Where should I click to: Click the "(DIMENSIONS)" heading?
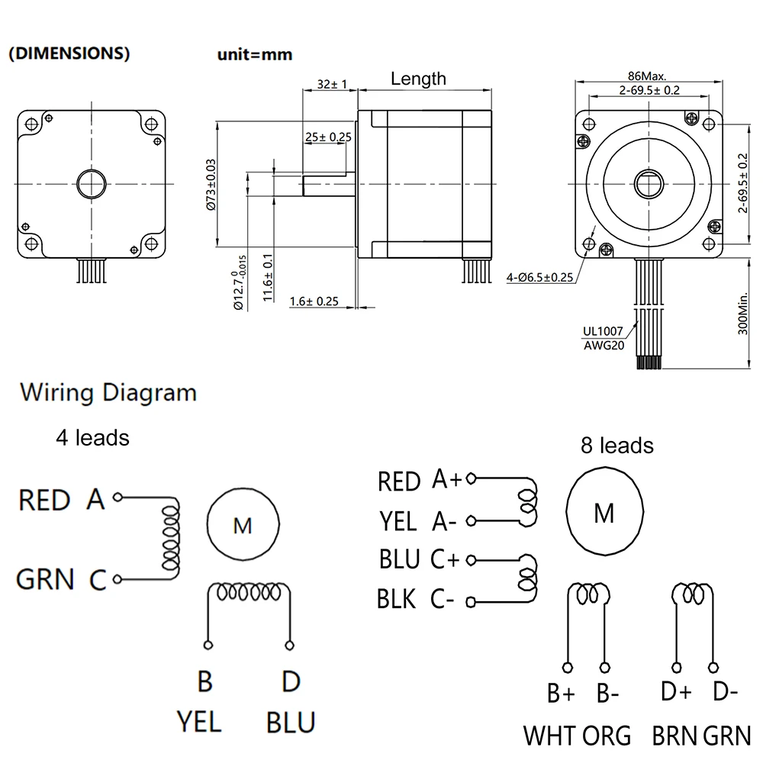pyautogui.click(x=69, y=54)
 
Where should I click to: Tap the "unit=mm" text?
pyautogui.click(x=255, y=55)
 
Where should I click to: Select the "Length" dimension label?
pyautogui.click(x=418, y=79)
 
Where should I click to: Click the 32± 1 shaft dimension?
pyautogui.click(x=329, y=85)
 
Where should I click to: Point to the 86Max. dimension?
pyautogui.click(x=647, y=76)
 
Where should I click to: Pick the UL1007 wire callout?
pyautogui.click(x=603, y=332)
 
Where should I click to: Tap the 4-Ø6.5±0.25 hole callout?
pyautogui.click(x=539, y=278)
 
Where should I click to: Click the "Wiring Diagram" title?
pyautogui.click(x=108, y=394)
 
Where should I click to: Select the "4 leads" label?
pyautogui.click(x=92, y=438)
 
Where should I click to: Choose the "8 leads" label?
pyautogui.click(x=617, y=445)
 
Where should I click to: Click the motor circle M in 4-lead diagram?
pyautogui.click(x=242, y=525)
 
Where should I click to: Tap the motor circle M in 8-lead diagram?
pyautogui.click(x=604, y=513)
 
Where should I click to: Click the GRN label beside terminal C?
pyautogui.click(x=46, y=580)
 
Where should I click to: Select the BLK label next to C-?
pyautogui.click(x=397, y=599)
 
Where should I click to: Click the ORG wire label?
pyautogui.click(x=607, y=736)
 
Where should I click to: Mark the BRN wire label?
pyautogui.click(x=674, y=736)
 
